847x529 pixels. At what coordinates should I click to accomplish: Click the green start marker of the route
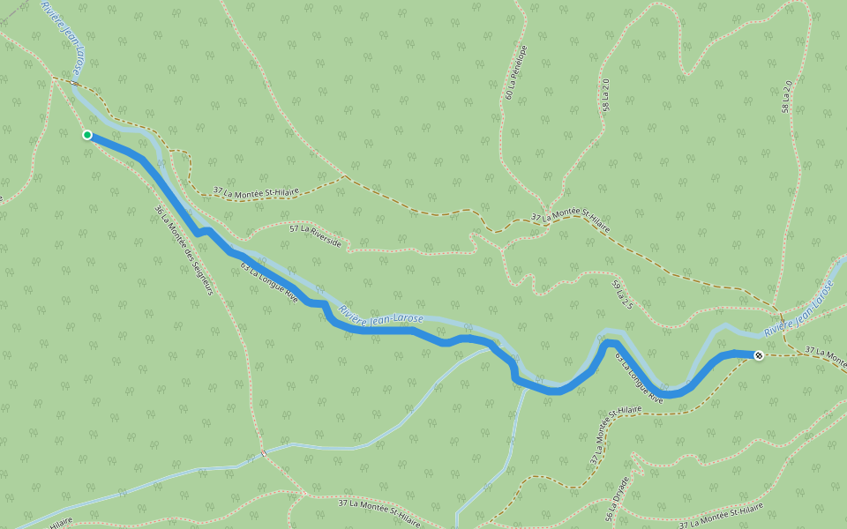(87, 135)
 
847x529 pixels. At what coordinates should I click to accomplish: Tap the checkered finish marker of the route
(759, 355)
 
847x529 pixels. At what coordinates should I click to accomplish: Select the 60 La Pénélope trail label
(516, 71)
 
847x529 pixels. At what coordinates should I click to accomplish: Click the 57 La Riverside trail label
(315, 235)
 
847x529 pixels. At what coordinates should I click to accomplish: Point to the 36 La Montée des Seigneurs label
(184, 250)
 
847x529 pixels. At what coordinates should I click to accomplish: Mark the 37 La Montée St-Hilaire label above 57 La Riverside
(256, 190)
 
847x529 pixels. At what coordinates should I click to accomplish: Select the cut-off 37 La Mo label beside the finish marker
(825, 352)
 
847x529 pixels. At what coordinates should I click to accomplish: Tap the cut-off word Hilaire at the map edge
(60, 523)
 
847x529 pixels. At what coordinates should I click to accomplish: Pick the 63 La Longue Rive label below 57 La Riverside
(269, 283)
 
